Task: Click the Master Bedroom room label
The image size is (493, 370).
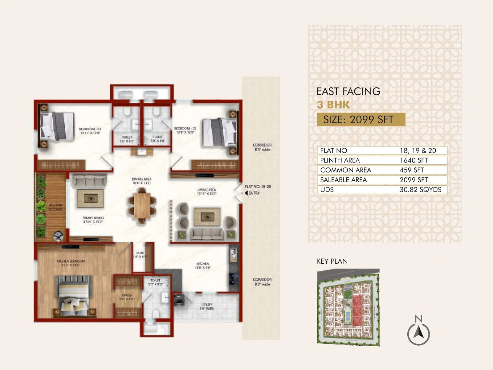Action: coord(71,263)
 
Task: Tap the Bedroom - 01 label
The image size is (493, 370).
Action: coord(90,131)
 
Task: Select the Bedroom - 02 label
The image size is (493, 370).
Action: coord(185,130)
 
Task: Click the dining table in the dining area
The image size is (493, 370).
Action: coord(142,205)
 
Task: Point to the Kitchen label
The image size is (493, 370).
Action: coord(203,265)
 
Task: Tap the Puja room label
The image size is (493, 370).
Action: coord(140,255)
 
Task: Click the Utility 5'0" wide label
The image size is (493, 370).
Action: coord(207,306)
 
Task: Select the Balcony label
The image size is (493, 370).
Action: coord(55,207)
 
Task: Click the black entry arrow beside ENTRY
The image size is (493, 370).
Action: coord(246,193)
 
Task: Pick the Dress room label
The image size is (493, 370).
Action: coord(127,297)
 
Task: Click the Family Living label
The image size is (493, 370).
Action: coord(93,220)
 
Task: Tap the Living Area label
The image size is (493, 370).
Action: coord(206,191)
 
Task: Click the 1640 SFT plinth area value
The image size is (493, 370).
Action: coord(414,160)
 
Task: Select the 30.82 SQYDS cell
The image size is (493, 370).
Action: coord(420,190)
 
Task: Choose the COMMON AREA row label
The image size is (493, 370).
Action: coord(345,170)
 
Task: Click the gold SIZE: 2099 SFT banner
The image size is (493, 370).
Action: coord(361,120)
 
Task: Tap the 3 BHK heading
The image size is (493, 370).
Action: coord(333,105)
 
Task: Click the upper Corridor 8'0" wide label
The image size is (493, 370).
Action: coord(262,147)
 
